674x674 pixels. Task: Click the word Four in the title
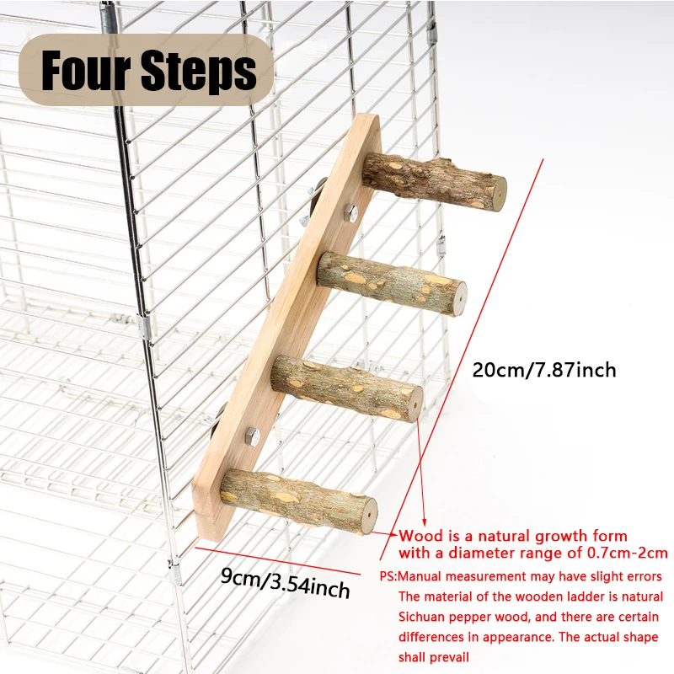click(x=86, y=70)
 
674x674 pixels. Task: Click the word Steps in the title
click(x=199, y=72)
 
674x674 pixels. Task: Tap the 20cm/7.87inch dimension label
click(x=544, y=370)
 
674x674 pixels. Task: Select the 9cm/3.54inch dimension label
click(x=285, y=583)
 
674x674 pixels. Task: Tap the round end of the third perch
click(x=415, y=404)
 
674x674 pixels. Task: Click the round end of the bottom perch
click(x=370, y=516)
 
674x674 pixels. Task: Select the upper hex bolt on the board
click(x=351, y=213)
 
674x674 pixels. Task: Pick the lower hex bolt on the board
click(x=252, y=436)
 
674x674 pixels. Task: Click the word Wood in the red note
click(x=420, y=536)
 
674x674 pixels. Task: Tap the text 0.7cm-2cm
click(x=627, y=553)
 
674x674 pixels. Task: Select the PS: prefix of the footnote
click(x=388, y=576)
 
